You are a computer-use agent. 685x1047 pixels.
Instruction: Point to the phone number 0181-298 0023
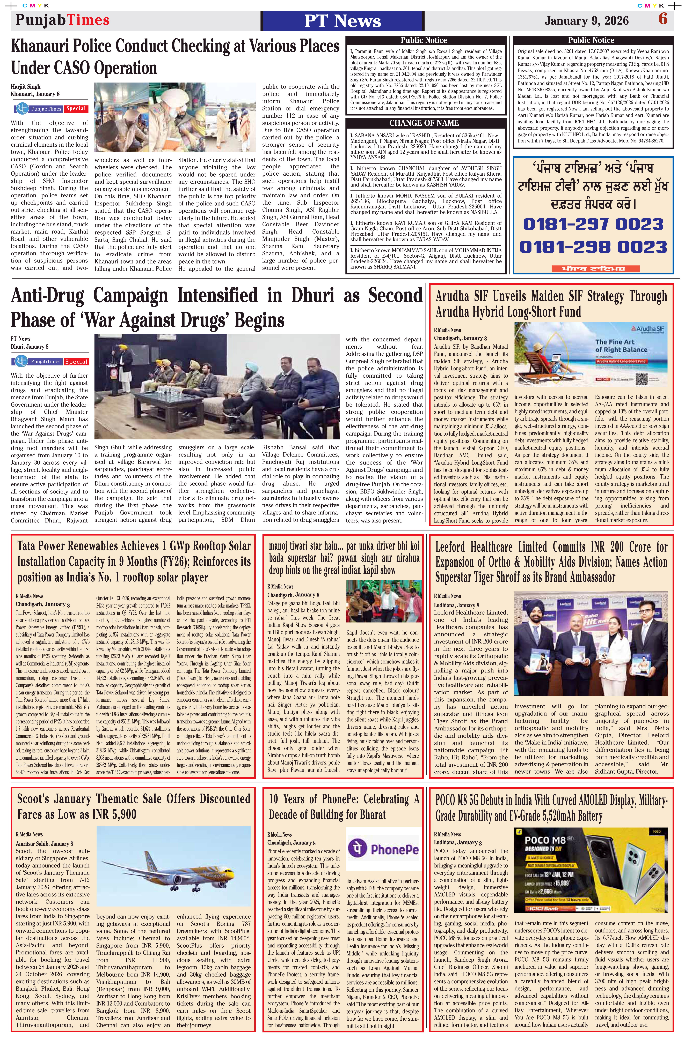point(593,247)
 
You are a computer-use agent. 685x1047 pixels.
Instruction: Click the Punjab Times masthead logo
point(62,20)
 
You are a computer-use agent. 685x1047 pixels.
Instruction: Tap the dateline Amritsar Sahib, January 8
point(44,843)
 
